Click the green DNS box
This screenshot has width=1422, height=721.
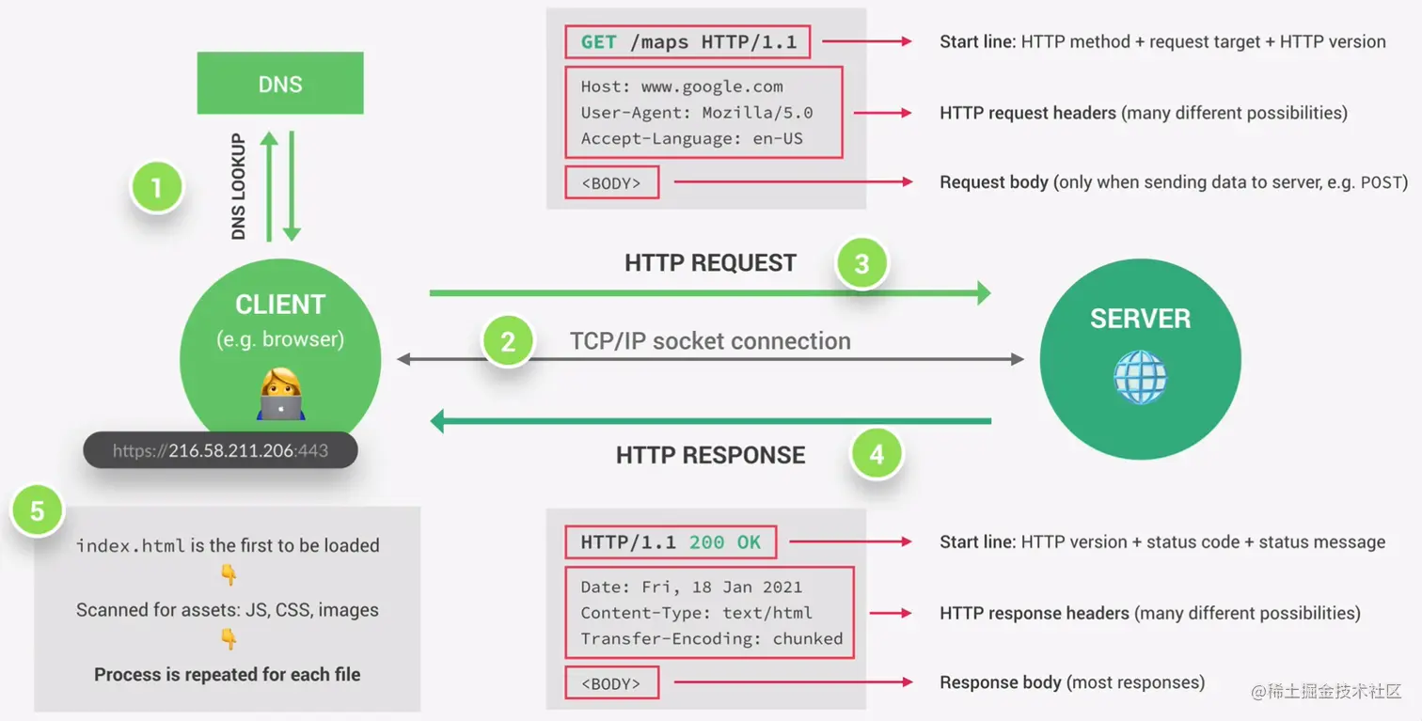coord(280,83)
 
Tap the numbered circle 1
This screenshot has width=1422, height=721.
coord(156,187)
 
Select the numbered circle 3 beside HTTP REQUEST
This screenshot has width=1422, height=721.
coord(861,263)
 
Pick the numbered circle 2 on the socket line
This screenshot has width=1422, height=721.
coord(508,341)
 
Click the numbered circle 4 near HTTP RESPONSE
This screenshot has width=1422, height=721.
coord(877,454)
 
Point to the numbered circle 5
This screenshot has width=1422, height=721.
coord(38,511)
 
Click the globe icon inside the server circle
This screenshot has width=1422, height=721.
coord(1140,377)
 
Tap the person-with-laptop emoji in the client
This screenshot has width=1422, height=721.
coord(280,394)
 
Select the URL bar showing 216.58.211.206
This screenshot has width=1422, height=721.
coord(220,450)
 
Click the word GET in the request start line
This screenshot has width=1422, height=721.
coord(598,42)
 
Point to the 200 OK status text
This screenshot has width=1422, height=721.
coord(724,542)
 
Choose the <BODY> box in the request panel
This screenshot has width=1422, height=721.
coord(612,182)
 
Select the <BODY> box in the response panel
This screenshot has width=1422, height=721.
coord(612,682)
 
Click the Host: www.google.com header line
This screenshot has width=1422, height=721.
coord(682,86)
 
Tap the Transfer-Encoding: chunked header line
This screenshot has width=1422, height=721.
coord(712,638)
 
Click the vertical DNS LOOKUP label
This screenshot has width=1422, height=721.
coord(238,186)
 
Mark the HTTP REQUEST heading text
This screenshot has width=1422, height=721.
coord(710,263)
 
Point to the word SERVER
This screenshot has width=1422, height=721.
coord(1140,319)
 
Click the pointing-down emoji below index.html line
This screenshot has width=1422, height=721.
coord(229,575)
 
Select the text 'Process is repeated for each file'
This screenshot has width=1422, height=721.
coord(228,674)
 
